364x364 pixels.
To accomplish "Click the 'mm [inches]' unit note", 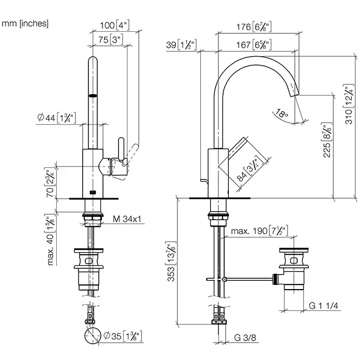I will coord(25,23).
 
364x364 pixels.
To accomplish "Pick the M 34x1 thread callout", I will coord(128,219).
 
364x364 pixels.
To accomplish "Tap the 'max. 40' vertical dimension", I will coord(51,240).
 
